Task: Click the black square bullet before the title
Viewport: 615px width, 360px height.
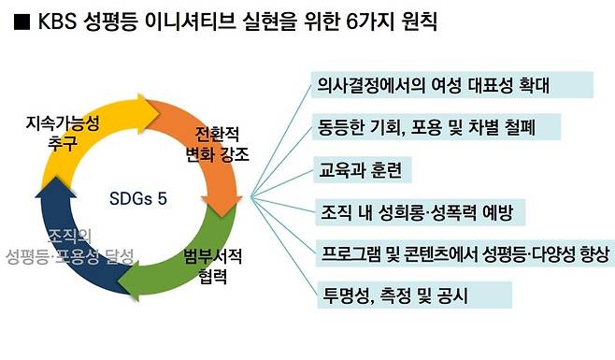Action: [19, 24]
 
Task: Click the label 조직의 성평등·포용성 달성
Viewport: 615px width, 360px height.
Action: [70, 245]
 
